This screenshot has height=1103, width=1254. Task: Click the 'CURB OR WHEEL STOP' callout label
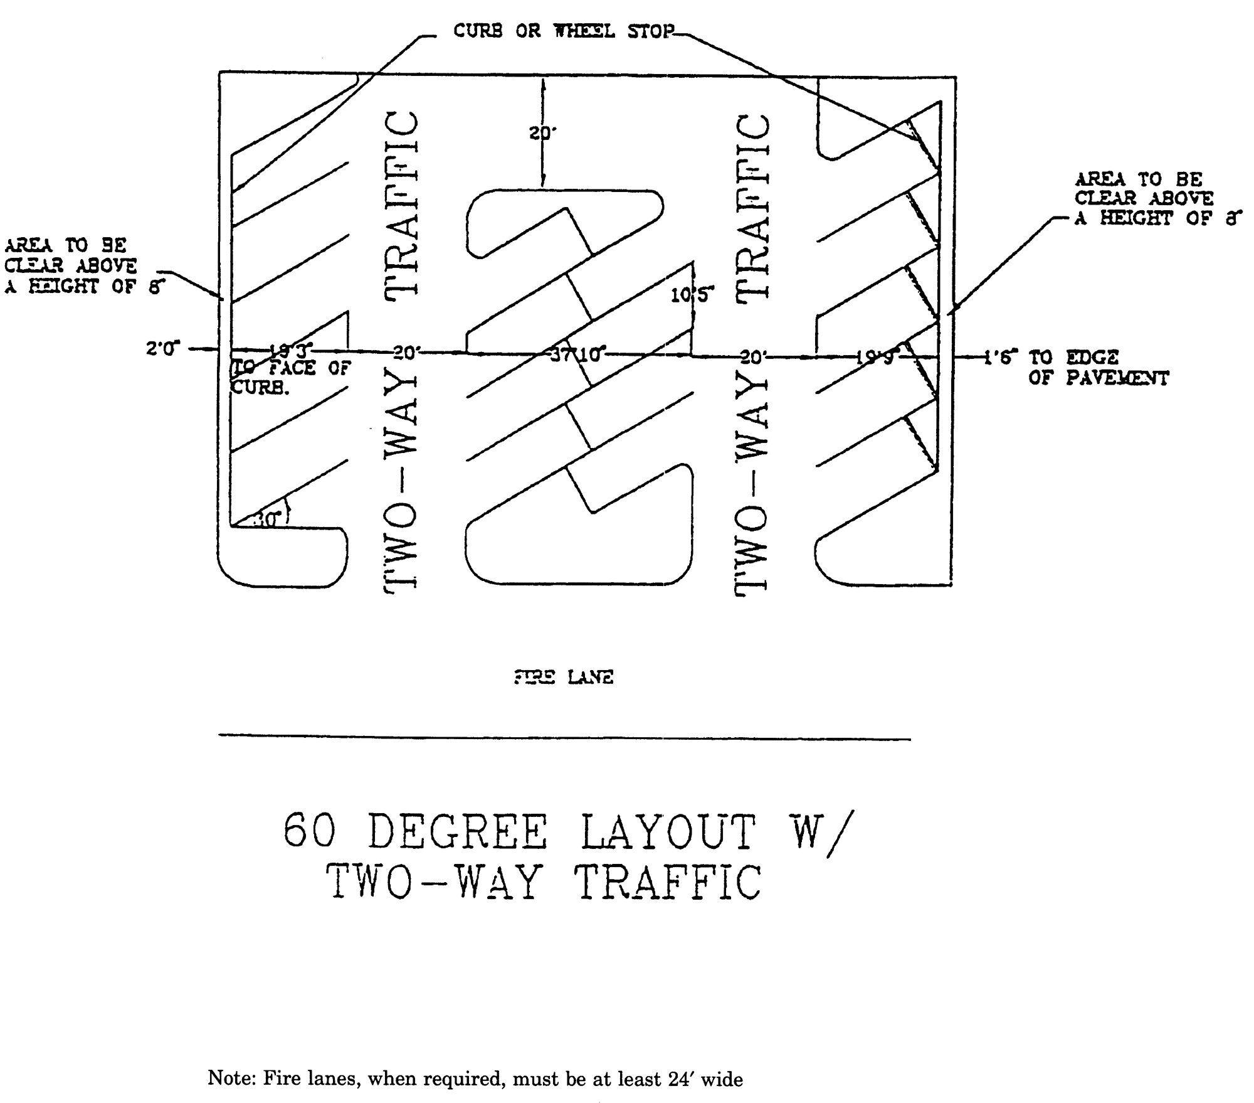tap(563, 31)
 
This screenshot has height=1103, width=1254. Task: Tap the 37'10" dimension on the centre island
tap(576, 355)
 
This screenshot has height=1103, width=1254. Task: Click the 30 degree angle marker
tap(268, 519)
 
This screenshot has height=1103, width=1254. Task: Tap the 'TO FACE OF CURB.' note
tap(291, 378)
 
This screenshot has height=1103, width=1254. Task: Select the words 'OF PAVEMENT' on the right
tap(1099, 378)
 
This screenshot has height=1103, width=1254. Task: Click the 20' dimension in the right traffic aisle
tap(752, 358)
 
